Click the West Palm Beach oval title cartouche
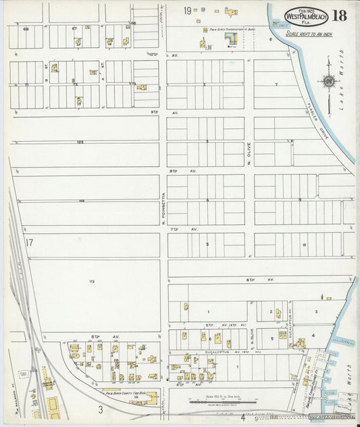pyautogui.click(x=306, y=16)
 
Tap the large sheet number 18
pyautogui.click(x=339, y=15)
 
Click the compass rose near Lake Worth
pyautogui.click(x=329, y=82)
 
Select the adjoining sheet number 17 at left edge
pyautogui.click(x=28, y=243)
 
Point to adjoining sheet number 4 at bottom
pyautogui.click(x=242, y=417)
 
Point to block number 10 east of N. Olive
pyautogui.click(x=304, y=245)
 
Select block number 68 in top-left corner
pyautogui.click(x=26, y=29)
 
